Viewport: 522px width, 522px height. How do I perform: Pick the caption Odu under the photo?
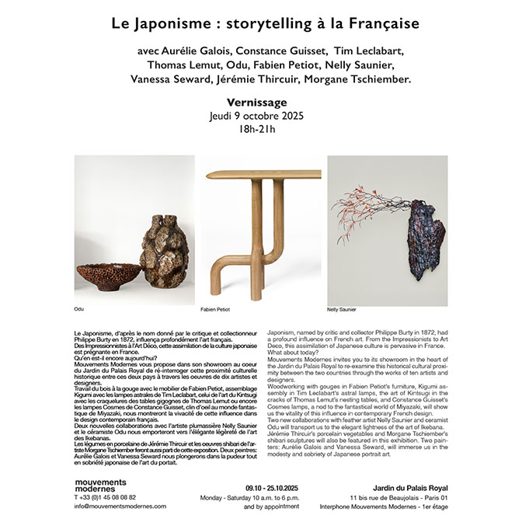tap(78, 309)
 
